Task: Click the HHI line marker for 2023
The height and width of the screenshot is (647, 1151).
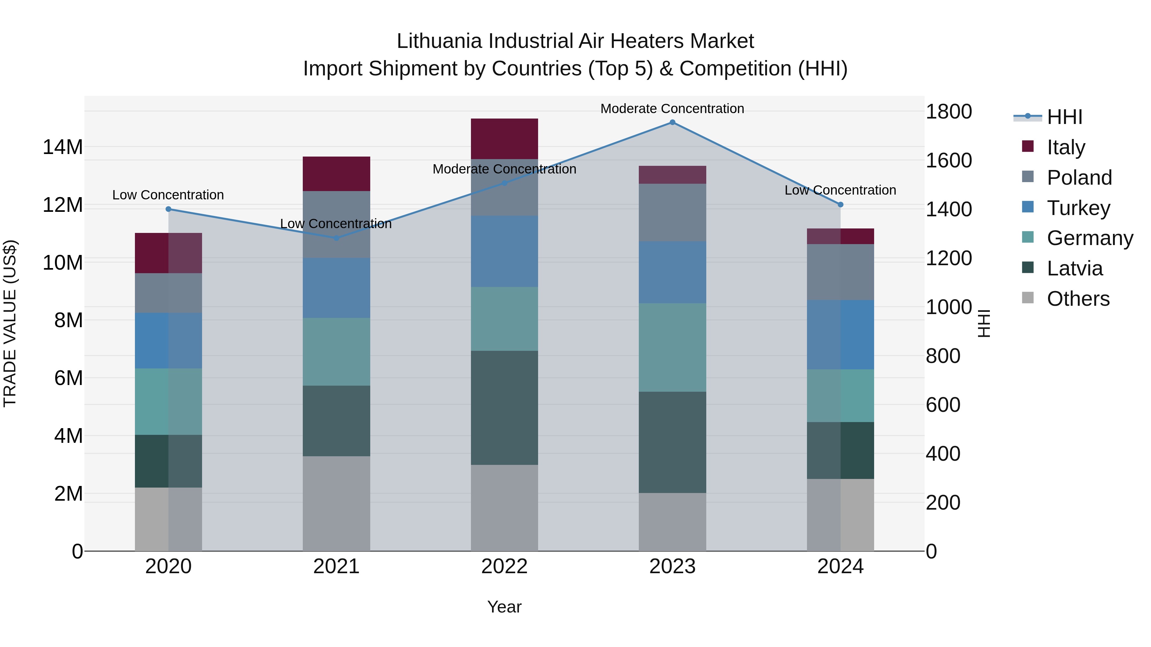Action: coord(672,122)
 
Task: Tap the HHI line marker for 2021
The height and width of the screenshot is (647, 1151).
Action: coord(336,238)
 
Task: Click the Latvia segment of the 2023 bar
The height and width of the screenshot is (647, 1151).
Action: coord(672,442)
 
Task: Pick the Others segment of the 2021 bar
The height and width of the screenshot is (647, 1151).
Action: coord(336,503)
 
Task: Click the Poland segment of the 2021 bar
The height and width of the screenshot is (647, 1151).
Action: coord(336,224)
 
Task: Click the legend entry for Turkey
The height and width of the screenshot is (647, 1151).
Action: coord(1078,208)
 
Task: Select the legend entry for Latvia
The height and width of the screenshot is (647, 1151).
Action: coord(1074,268)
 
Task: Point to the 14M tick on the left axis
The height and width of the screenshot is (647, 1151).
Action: coord(63,147)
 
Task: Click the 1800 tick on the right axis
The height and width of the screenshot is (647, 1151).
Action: coord(948,111)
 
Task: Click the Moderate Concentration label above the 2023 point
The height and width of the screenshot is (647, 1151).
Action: coord(672,109)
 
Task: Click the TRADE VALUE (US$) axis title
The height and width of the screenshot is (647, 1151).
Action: coord(10,323)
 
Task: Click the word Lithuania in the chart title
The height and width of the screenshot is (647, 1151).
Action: coord(440,41)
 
